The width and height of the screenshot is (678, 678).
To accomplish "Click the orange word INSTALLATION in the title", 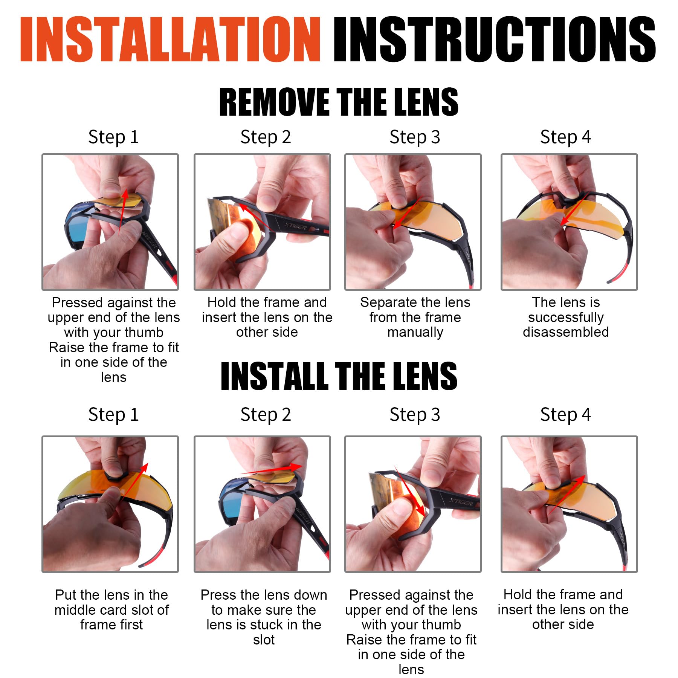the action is pyautogui.click(x=170, y=39).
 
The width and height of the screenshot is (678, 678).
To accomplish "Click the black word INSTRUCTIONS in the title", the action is pyautogui.click(x=495, y=39).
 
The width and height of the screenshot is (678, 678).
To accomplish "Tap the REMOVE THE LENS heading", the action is pyautogui.click(x=339, y=102).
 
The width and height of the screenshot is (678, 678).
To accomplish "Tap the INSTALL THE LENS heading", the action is pyautogui.click(x=339, y=376).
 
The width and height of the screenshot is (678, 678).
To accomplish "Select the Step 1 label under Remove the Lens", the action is pyautogui.click(x=113, y=137).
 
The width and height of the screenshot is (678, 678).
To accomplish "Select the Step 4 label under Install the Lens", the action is pyautogui.click(x=565, y=415).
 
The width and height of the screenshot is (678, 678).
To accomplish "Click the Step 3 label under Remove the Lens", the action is pyautogui.click(x=415, y=137).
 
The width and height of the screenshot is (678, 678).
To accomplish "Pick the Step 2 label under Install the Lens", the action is pyautogui.click(x=266, y=415).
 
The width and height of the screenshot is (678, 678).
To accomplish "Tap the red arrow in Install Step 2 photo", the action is pyautogui.click(x=270, y=469).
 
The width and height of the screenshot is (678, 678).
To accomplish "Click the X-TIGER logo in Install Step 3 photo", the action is pyautogui.click(x=461, y=501).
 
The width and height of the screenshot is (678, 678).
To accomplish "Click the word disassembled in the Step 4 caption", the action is pyautogui.click(x=566, y=332).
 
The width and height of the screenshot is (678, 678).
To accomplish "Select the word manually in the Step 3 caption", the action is pyautogui.click(x=415, y=332).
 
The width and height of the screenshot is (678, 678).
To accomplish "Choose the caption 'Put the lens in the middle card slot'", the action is pyautogui.click(x=111, y=609).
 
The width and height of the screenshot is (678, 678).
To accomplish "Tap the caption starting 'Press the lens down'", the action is pyautogui.click(x=264, y=617).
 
